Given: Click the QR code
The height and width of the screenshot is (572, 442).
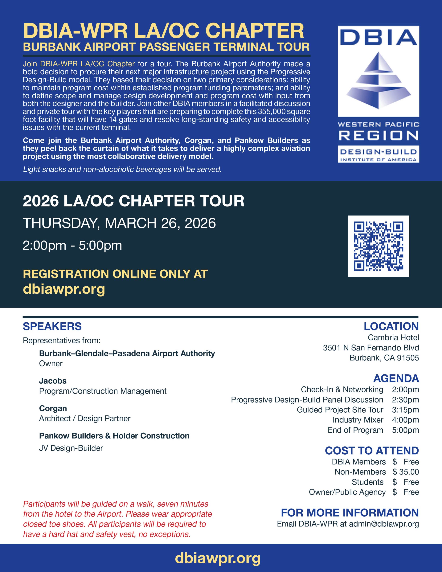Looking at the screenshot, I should (x=378, y=246).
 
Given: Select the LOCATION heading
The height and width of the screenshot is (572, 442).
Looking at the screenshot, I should (x=391, y=327).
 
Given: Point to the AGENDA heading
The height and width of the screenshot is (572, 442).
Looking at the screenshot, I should (x=396, y=378).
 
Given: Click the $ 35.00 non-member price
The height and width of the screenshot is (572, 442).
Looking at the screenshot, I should (x=406, y=472).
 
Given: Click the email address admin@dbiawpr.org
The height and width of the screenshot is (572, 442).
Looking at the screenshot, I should (x=384, y=524).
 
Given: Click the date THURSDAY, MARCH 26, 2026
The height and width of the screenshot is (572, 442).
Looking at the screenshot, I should (x=119, y=223).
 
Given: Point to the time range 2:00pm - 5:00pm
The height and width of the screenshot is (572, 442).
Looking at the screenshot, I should (x=72, y=246).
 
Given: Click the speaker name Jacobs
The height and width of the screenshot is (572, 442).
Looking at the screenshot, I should (x=53, y=381).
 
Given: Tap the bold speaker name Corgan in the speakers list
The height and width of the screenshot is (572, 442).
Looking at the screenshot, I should (x=53, y=408).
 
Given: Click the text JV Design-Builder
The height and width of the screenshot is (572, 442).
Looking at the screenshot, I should (x=71, y=448).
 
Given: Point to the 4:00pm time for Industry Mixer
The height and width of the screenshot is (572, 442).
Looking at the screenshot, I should (x=405, y=420).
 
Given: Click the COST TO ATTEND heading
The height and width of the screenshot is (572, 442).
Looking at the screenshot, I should (x=372, y=451).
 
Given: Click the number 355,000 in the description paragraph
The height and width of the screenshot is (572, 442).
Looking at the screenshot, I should (x=271, y=112).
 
